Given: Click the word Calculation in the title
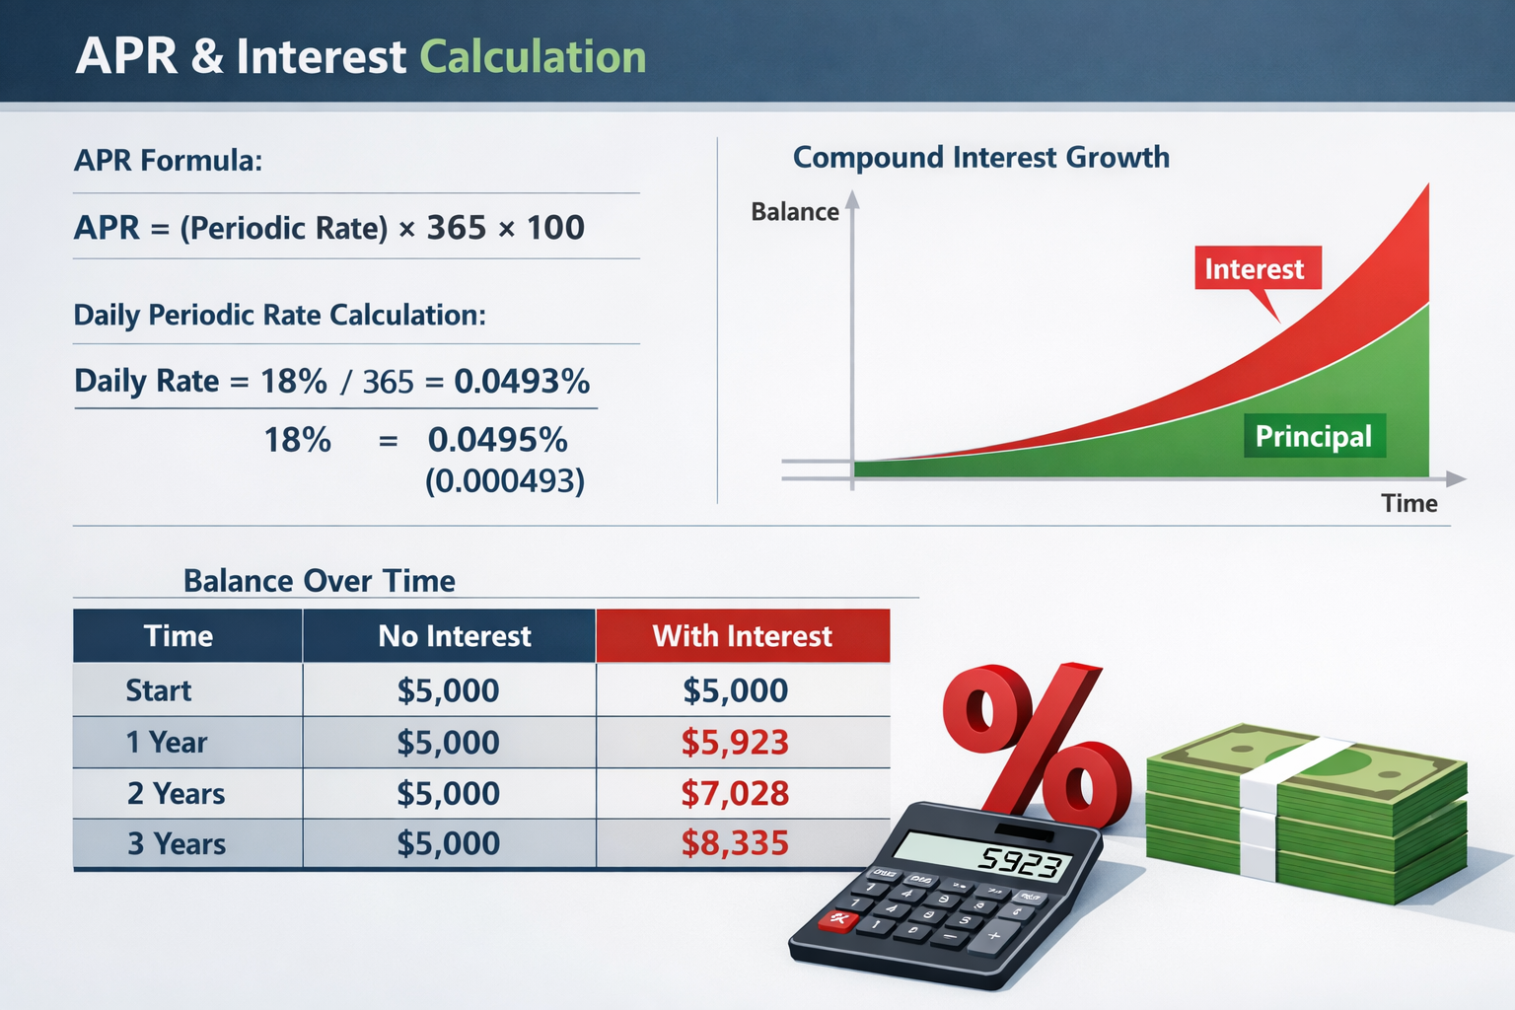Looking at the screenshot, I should coord(533,57).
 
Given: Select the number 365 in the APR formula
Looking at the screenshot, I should coord(456,228).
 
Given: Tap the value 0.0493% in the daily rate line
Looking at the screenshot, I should coord(521,381).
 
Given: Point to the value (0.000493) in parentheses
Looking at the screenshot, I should coord(504,481).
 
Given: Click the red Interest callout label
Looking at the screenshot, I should coord(1254,269).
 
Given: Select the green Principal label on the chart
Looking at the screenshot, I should coord(1313,436).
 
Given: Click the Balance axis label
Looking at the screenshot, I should coord(794,212).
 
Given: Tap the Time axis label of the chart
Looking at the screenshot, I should coord(1408,504).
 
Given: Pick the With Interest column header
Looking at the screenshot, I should coord(742,636).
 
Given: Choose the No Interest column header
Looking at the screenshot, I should coord(454,636).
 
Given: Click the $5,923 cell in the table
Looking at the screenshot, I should coord(735,743).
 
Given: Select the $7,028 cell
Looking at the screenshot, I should coord(735,793).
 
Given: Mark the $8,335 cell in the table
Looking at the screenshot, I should coord(735,843).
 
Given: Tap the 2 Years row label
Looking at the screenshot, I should coord(176,793).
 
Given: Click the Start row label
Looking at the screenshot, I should coord(158,690).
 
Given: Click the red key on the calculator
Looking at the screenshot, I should coord(839,921).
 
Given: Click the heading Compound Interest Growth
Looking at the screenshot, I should coord(980,158).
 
